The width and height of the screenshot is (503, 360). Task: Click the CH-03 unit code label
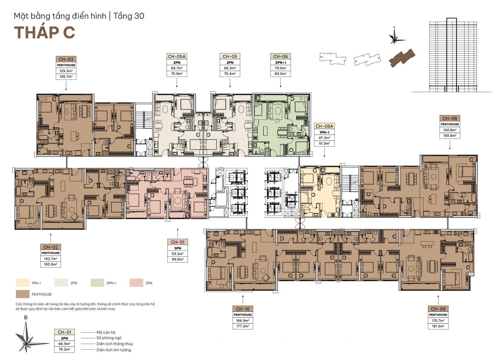(66, 59)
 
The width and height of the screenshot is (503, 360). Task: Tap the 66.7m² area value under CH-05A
(177, 68)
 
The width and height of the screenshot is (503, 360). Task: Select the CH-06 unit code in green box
(280, 56)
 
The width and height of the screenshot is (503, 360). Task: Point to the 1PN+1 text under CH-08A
(324, 132)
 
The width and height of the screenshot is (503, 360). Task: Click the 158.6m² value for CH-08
(450, 136)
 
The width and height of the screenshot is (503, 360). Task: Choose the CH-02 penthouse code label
(51, 247)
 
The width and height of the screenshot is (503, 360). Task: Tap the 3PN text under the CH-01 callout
(178, 248)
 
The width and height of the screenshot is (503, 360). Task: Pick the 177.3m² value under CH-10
(243, 326)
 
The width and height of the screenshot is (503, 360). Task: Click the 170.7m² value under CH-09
(438, 320)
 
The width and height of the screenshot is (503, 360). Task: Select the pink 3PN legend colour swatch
(136, 283)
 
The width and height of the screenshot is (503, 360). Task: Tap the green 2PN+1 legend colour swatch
(97, 283)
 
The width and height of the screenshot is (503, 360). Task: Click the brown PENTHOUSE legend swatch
(22, 294)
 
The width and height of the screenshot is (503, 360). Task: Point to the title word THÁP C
(44, 33)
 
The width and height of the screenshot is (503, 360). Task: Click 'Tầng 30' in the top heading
(129, 16)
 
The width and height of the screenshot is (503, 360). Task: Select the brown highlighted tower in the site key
(402, 58)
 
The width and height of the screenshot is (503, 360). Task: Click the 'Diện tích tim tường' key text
(113, 350)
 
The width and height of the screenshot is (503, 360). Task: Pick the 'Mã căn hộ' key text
(106, 332)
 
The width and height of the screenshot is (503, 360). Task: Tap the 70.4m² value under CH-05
(230, 74)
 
